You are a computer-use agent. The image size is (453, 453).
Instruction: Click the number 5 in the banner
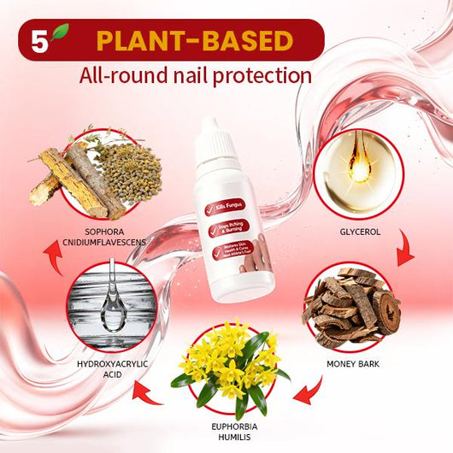[x=37, y=41]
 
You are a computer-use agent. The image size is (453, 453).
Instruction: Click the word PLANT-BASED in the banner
[x=195, y=40]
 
